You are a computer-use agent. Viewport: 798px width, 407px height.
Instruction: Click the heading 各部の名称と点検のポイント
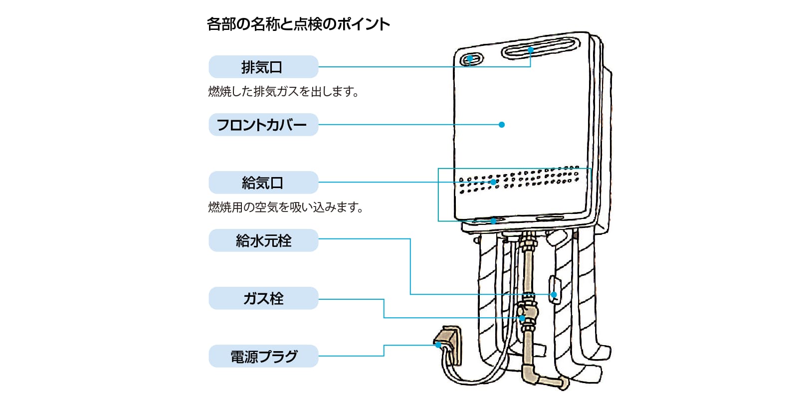pyautogui.click(x=298, y=24)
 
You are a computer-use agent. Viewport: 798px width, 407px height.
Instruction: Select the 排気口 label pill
pyautogui.click(x=263, y=67)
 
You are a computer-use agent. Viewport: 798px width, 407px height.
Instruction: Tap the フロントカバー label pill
pyautogui.click(x=263, y=125)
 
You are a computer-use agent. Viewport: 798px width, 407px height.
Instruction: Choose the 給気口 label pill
pyautogui.click(x=263, y=183)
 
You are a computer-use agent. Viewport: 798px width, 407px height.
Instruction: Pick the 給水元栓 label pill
pyautogui.click(x=263, y=240)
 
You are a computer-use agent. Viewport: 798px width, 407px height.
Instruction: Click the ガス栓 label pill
pyautogui.click(x=263, y=298)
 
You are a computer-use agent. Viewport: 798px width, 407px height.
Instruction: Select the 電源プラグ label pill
pyautogui.click(x=263, y=356)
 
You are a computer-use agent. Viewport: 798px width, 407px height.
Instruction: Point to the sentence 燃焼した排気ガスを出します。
pyautogui.click(x=283, y=92)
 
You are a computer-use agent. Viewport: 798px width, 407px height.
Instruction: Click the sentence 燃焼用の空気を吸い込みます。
pyautogui.click(x=285, y=207)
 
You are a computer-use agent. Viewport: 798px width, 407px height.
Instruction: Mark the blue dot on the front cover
pyautogui.click(x=502, y=125)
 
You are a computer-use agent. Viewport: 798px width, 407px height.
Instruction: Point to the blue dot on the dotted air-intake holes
pyautogui.click(x=493, y=182)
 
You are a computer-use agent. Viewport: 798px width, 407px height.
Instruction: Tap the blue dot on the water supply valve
pyautogui.click(x=554, y=295)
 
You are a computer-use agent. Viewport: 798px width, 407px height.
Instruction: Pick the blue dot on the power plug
pyautogui.click(x=438, y=345)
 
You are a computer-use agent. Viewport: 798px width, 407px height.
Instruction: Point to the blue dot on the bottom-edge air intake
pyautogui.click(x=493, y=220)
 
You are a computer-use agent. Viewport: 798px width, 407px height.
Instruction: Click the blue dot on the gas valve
pyautogui.click(x=522, y=318)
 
